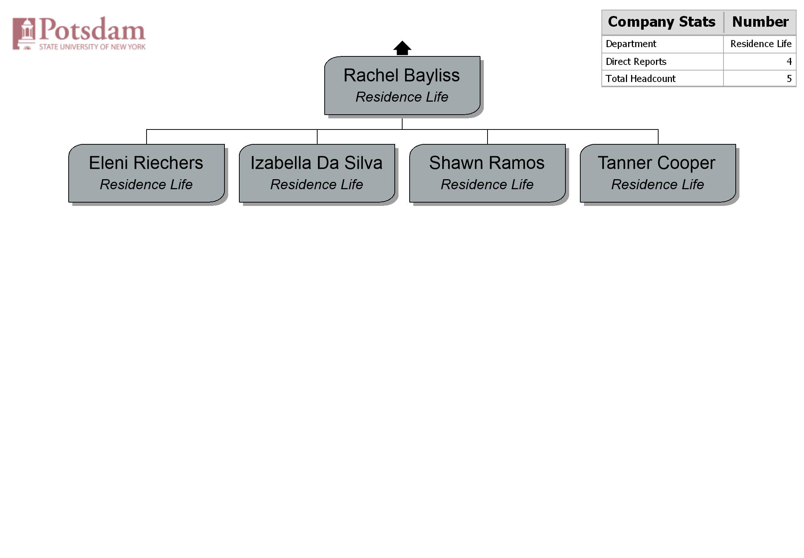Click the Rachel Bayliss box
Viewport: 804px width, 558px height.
[x=402, y=85]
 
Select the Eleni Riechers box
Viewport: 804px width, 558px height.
[x=147, y=173]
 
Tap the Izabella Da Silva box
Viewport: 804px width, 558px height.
[x=317, y=173]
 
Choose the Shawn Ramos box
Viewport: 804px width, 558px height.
[x=488, y=173]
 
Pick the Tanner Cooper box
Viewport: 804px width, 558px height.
[x=658, y=173]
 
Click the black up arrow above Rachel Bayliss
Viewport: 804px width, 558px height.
[x=402, y=48]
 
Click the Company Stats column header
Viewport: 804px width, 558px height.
[x=662, y=22]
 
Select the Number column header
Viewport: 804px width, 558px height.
[x=760, y=22]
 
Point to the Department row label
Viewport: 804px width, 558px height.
[x=631, y=44]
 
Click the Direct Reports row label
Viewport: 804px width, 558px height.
[x=636, y=62]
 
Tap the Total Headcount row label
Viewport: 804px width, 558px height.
[x=640, y=79]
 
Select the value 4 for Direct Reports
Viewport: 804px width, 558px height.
[x=789, y=62]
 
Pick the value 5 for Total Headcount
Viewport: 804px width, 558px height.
[x=789, y=79]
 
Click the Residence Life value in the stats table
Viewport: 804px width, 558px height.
[x=761, y=44]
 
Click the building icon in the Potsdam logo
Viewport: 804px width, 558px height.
[x=24, y=33]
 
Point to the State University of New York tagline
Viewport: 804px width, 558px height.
[x=92, y=47]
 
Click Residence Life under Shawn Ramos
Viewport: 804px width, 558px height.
[x=487, y=184]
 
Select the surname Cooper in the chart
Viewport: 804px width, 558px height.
[x=686, y=163]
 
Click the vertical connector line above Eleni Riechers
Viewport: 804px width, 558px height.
[x=147, y=137]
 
